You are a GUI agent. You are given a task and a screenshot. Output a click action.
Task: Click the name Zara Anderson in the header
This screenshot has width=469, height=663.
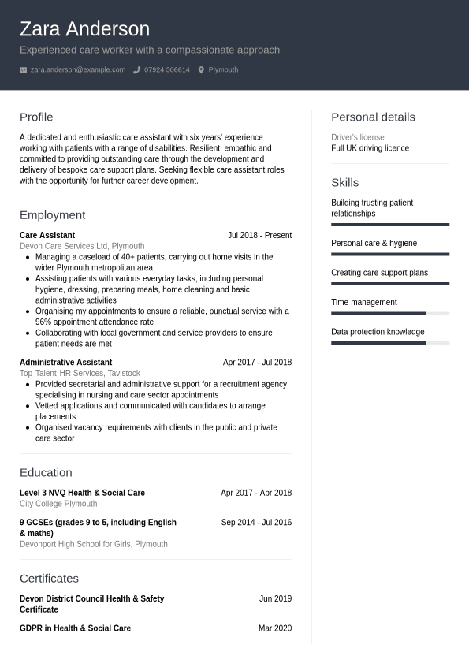tap(84, 29)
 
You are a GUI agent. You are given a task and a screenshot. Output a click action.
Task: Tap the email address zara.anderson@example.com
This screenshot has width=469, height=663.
tap(77, 69)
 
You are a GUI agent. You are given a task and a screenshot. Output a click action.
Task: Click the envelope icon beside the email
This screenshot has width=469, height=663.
tap(23, 70)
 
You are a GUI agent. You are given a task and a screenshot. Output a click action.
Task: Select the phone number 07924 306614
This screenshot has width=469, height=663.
tap(166, 69)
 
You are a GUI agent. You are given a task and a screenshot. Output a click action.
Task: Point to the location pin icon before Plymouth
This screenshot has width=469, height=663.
tap(201, 70)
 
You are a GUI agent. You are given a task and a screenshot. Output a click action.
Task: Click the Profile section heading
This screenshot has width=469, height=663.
tap(36, 117)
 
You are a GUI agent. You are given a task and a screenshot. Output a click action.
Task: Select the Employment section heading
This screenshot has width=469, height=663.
tap(52, 214)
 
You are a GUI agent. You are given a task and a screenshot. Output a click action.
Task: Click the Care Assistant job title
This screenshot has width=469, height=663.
tap(47, 235)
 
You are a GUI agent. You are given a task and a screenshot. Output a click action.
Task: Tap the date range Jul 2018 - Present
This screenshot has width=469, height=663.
tap(259, 235)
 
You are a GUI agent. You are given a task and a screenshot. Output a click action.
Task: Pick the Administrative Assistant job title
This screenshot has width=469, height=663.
tap(65, 363)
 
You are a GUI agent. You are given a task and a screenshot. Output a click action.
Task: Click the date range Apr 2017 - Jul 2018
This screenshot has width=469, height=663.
tap(257, 363)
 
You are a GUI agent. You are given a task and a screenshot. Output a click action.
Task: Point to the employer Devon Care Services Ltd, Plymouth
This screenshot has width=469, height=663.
tap(82, 246)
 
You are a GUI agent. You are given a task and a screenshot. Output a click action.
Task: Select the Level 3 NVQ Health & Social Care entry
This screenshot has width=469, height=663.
tap(82, 493)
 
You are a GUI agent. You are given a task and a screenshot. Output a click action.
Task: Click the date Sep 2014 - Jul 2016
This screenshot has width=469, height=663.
tap(256, 522)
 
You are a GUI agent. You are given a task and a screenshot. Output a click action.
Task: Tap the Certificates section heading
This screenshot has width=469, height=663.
tap(49, 578)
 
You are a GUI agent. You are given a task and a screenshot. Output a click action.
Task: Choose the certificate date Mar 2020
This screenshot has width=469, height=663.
tap(275, 628)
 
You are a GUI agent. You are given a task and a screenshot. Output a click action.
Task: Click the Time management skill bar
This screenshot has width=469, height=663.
tap(390, 313)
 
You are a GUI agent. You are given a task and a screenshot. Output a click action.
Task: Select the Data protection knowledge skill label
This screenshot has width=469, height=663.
tap(378, 332)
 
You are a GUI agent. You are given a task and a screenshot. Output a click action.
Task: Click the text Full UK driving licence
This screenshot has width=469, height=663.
tap(370, 148)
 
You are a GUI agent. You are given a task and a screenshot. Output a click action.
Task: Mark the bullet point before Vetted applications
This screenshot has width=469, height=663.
tap(28, 406)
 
